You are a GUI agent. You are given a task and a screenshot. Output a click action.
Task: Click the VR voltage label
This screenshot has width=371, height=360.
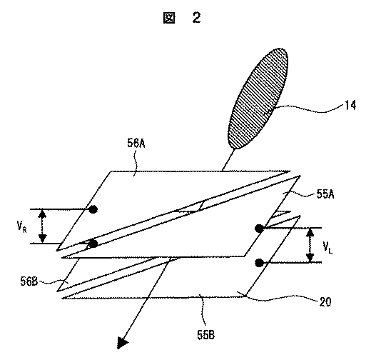point(24,227)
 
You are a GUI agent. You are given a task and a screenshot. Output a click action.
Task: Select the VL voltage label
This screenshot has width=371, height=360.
point(327,248)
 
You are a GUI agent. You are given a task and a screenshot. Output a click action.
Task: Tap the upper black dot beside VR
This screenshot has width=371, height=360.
point(93,209)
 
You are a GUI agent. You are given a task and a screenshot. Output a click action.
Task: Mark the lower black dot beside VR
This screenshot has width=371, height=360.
point(93,244)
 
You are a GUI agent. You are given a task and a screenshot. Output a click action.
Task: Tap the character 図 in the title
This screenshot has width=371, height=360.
point(168,19)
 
